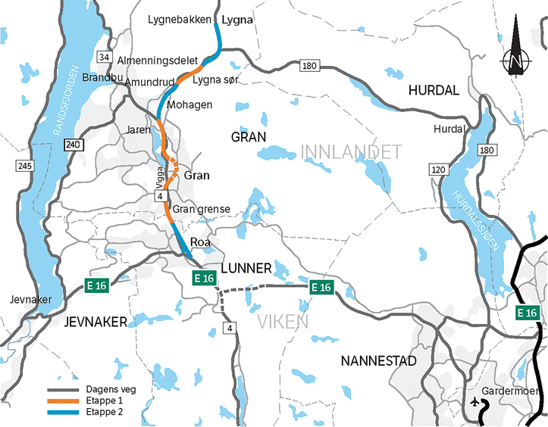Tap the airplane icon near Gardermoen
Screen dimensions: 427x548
click(x=475, y=402)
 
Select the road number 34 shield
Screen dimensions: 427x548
click(x=105, y=58)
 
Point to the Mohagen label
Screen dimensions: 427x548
click(x=189, y=104)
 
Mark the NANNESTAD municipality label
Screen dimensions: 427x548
click(x=378, y=360)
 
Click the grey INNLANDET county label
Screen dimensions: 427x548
click(x=351, y=154)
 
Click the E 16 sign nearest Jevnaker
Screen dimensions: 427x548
click(x=96, y=285)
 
